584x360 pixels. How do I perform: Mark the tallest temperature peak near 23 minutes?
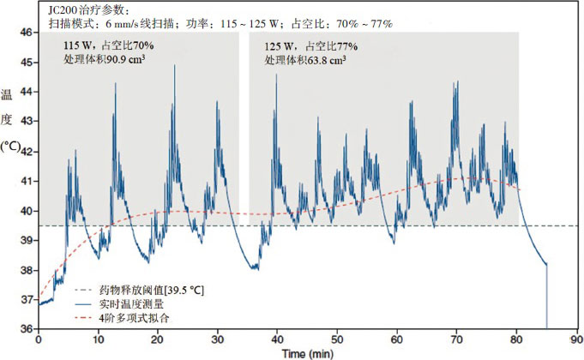[175, 66]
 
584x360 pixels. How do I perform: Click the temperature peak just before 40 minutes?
[275, 76]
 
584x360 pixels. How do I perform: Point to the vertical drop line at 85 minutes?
[546, 296]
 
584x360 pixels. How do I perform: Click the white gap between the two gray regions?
[244, 129]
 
